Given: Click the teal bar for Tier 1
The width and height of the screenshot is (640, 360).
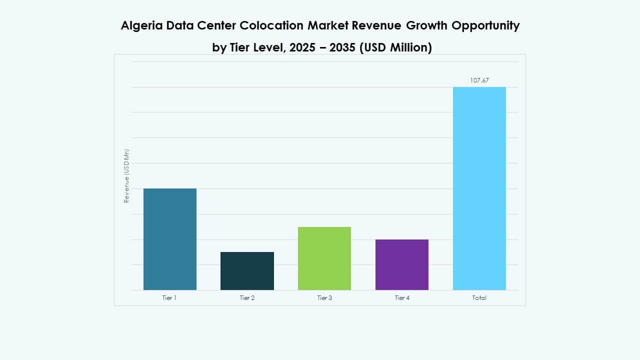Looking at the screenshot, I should click(169, 239).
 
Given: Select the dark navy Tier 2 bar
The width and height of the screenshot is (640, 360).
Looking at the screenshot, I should click(247, 270).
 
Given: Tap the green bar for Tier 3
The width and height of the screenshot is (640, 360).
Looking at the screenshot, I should click(324, 258).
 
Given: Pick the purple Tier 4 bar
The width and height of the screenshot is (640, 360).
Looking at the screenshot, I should click(401, 264).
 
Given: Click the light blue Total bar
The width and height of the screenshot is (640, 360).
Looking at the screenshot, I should click(479, 188).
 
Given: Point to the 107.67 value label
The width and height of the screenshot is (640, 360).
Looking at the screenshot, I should click(479, 80).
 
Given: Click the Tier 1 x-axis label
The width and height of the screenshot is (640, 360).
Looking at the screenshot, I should click(169, 298).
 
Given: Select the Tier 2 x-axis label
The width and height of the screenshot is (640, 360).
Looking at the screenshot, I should click(247, 298).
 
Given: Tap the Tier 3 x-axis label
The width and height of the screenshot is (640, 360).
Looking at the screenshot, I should click(324, 298).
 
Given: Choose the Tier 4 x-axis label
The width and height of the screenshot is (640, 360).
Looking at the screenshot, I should click(401, 298).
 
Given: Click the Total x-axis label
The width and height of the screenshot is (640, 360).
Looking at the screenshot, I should click(479, 298).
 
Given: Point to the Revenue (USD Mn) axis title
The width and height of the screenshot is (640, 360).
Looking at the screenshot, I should click(126, 176).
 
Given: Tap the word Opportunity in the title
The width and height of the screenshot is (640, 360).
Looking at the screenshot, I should click(486, 26).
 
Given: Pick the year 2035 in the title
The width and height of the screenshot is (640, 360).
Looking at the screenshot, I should click(346, 48).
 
